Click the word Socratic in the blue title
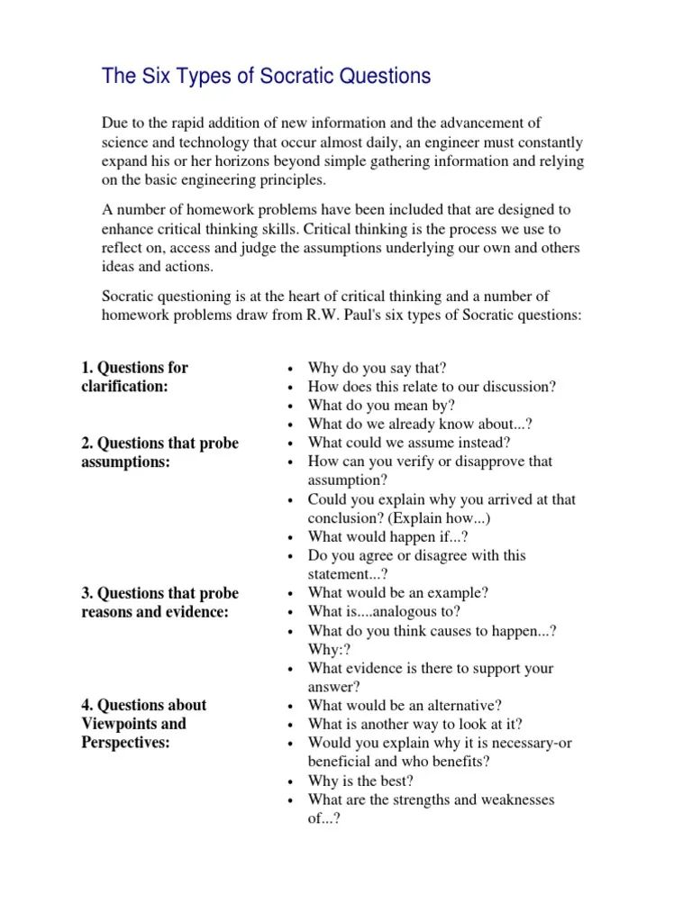click(289, 77)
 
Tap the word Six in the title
click(151, 77)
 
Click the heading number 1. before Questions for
click(87, 368)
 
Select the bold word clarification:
click(125, 387)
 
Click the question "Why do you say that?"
click(377, 368)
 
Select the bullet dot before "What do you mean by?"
click(289, 407)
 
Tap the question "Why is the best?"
click(360, 781)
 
